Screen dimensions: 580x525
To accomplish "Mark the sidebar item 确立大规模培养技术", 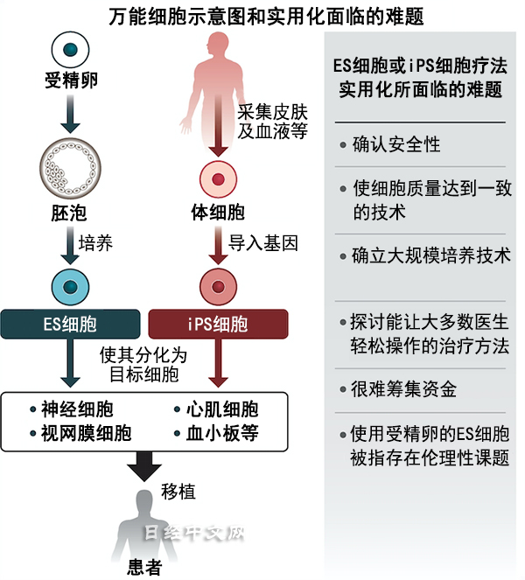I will pyautogui.click(x=430, y=256).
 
